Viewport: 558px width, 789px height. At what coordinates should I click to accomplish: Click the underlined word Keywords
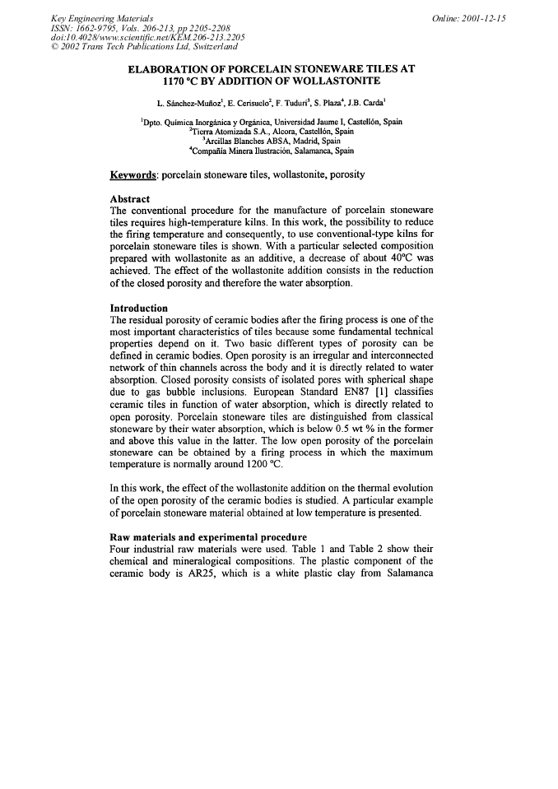point(133,175)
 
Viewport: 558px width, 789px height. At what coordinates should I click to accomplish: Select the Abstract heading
point(130,199)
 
